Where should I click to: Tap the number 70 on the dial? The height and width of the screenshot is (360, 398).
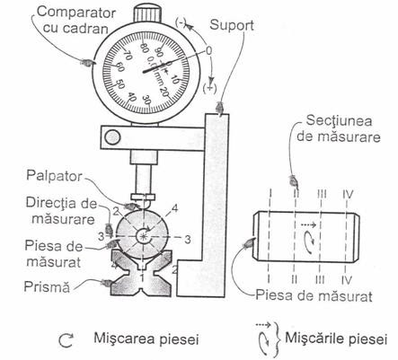click(128, 56)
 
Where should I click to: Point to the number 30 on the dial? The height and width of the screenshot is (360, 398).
click(146, 100)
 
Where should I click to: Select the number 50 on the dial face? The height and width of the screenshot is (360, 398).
click(119, 84)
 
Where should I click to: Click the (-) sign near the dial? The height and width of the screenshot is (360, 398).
click(181, 23)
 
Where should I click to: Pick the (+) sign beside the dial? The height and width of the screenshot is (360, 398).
click(209, 88)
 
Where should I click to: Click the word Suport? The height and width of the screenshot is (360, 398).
click(232, 25)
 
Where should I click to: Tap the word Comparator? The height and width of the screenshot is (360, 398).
click(76, 13)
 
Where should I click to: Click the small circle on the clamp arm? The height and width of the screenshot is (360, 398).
click(112, 137)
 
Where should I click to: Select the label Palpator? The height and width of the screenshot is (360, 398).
click(54, 176)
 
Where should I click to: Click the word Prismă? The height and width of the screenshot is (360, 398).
click(47, 286)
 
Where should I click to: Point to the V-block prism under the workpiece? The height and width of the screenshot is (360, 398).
click(141, 274)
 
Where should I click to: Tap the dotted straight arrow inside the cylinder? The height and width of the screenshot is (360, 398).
click(308, 224)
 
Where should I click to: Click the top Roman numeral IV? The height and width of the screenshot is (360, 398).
click(348, 195)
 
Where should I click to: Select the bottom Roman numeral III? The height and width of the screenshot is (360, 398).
click(320, 280)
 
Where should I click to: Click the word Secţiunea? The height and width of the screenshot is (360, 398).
click(339, 121)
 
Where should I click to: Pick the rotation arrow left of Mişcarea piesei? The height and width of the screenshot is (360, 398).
click(66, 340)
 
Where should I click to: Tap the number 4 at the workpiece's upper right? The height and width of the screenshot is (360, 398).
click(174, 207)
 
